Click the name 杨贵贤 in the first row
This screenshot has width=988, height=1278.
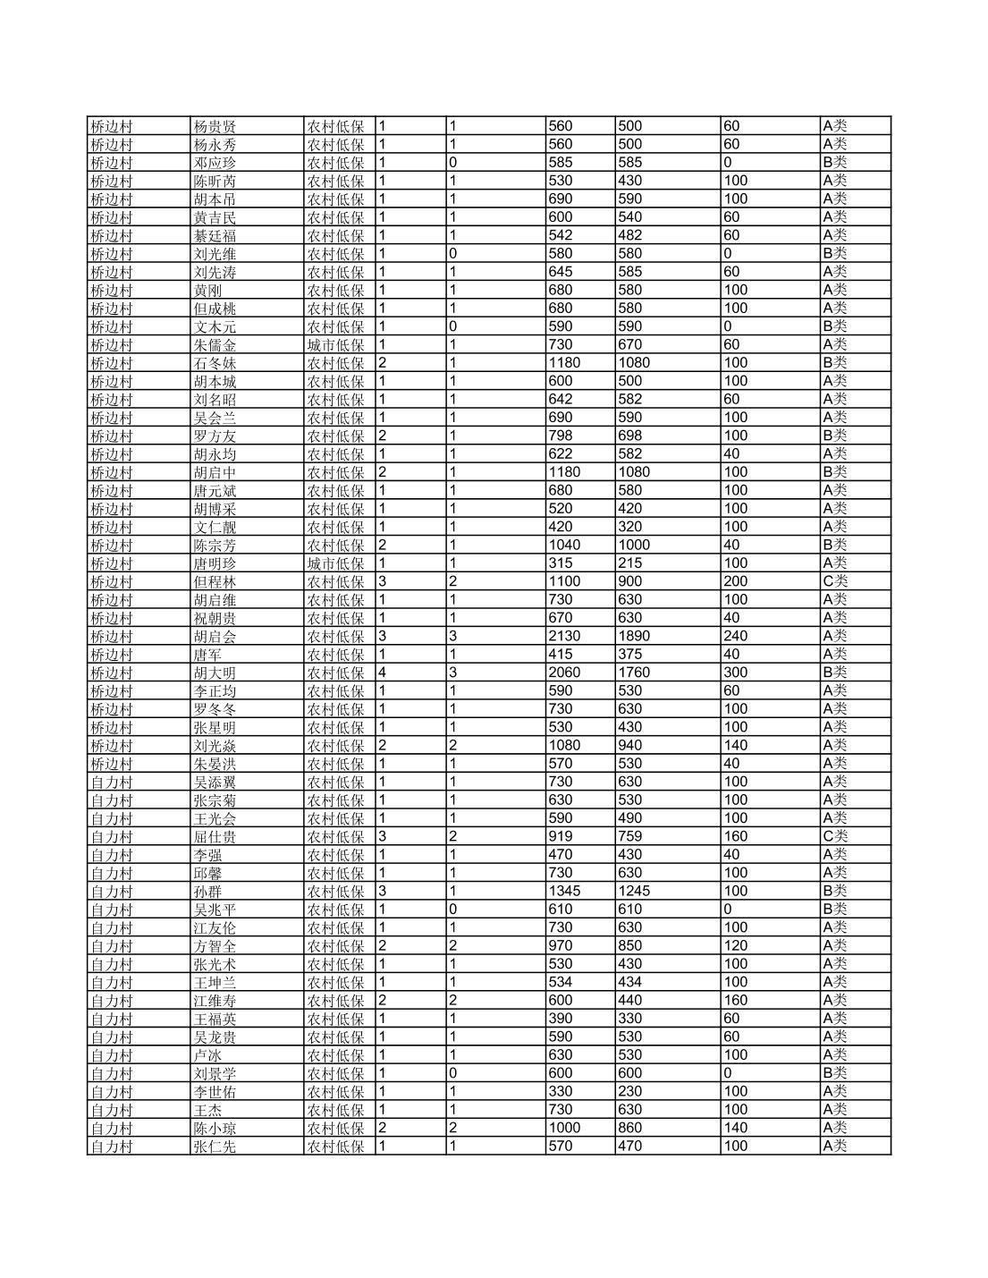pos(215,127)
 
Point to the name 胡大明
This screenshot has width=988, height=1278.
pos(215,673)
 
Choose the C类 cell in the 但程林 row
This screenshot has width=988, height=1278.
pos(835,581)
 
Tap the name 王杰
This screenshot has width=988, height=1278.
pos(207,1110)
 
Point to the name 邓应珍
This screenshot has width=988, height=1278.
pos(215,163)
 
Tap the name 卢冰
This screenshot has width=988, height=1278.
pos(207,1055)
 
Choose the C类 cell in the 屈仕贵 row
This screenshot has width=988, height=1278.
pos(835,836)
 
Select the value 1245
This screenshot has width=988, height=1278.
pos(634,891)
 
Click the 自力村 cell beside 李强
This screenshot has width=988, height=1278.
pos(111,855)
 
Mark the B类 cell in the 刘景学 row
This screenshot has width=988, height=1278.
pos(835,1073)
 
